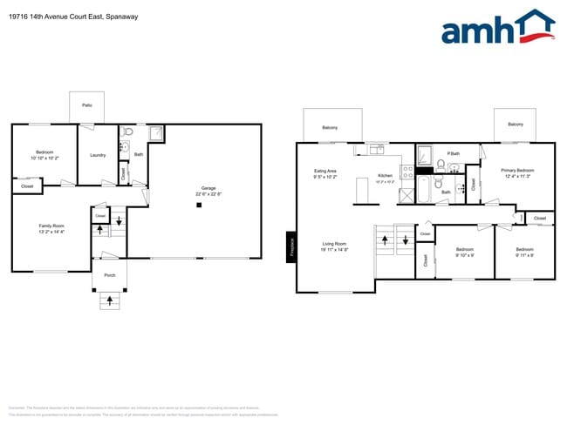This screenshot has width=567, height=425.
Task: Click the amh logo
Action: tap(497, 28)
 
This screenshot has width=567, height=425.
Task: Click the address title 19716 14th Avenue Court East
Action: tap(70, 16)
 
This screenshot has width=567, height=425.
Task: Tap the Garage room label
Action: tap(208, 188)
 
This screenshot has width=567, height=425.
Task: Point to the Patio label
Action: tap(87, 105)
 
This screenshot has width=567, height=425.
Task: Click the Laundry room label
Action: tap(98, 155)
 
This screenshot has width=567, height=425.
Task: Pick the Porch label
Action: tap(110, 274)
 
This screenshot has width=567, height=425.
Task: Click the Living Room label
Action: tap(336, 243)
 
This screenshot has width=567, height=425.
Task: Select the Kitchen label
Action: tap(386, 176)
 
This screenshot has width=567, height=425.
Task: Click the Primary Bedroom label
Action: tap(517, 170)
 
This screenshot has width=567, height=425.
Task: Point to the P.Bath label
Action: tap(454, 153)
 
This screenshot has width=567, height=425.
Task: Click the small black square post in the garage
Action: tap(199, 205)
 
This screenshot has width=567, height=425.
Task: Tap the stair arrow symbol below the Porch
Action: tap(109, 301)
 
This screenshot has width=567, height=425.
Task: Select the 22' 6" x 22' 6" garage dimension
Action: tap(208, 194)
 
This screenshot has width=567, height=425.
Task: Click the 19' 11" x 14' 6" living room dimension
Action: tap(336, 250)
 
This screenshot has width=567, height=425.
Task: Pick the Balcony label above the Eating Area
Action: tap(330, 128)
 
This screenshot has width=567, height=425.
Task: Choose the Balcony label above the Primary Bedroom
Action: tap(516, 125)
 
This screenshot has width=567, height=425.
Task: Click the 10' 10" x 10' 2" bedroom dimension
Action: tap(44, 159)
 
